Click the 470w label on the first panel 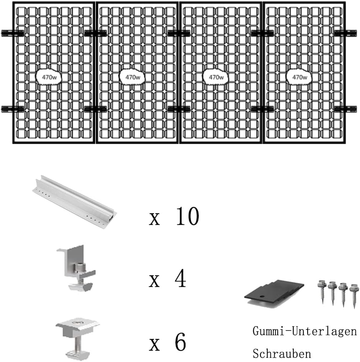(49, 77)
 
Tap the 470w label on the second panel (133, 77)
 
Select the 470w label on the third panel (216, 77)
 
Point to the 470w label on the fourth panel (299, 77)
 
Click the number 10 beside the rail (187, 216)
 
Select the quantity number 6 (180, 342)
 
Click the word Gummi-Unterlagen (304, 331)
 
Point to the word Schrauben (282, 353)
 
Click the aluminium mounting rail (74, 202)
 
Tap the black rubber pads (274, 293)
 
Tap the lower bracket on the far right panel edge (345, 109)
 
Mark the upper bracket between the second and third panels (179, 33)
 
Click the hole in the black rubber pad (261, 296)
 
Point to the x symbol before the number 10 (154, 219)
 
